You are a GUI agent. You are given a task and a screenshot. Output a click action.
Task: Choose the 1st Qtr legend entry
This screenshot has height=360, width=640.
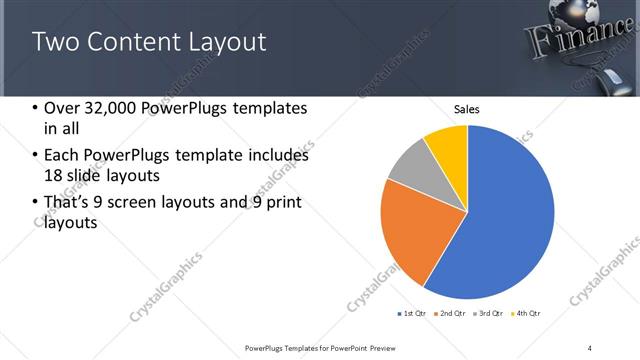[413, 314]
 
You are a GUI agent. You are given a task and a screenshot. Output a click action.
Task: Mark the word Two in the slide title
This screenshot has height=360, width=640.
[55, 42]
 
